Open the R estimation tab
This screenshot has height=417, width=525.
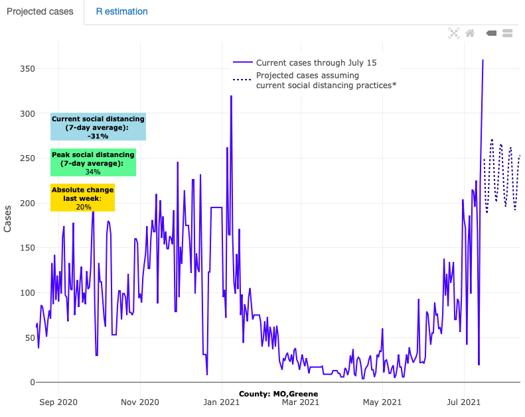(x=121, y=12)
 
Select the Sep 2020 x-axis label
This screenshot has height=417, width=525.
(x=58, y=402)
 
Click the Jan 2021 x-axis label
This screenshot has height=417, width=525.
(x=221, y=402)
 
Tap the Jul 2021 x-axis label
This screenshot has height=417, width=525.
(x=463, y=402)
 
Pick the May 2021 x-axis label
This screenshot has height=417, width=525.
(x=382, y=402)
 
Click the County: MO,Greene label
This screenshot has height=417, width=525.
(x=278, y=394)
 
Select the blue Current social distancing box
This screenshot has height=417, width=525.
(x=98, y=127)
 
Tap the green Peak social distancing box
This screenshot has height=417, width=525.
(x=93, y=162)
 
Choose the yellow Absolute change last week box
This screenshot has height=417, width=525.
(x=83, y=198)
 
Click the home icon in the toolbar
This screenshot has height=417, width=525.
(x=470, y=33)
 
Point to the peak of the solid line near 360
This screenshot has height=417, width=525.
(x=483, y=60)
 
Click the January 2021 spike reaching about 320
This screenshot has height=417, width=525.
(x=231, y=96)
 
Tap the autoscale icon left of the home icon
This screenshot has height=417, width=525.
(x=454, y=33)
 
